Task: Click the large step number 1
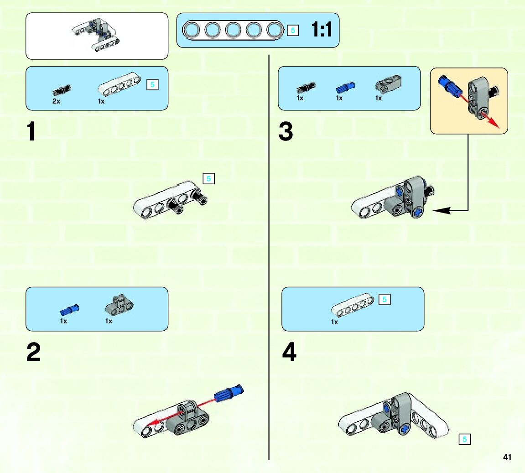(31, 132)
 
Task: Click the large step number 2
(33, 353)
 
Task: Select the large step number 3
(286, 132)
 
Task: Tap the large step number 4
(289, 353)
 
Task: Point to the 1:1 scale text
(322, 30)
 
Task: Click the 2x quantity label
(56, 101)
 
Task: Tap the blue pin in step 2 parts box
(69, 310)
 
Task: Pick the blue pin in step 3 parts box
(345, 87)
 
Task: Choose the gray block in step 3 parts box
(388, 83)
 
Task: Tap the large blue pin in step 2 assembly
(229, 393)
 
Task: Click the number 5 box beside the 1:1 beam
(293, 31)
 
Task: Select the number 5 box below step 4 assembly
(465, 439)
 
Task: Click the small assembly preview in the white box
(97, 36)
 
